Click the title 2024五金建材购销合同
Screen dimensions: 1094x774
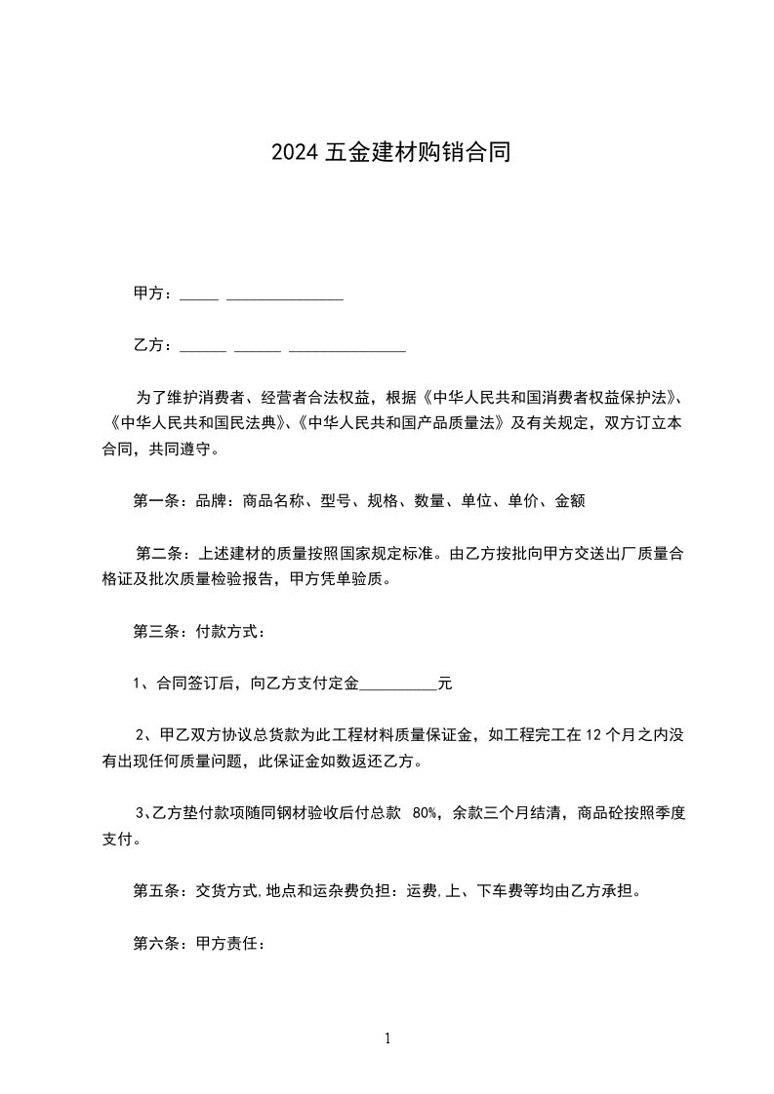390,153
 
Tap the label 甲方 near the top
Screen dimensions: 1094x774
149,293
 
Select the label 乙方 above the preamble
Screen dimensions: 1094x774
149,345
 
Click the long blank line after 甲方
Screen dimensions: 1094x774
284,298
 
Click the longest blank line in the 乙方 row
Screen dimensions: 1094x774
347,350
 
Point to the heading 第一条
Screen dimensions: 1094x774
156,502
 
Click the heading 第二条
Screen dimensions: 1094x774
156,555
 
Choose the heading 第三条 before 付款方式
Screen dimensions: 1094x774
156,632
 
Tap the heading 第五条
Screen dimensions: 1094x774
156,890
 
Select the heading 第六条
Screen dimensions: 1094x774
156,943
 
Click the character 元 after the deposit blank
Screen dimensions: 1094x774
445,684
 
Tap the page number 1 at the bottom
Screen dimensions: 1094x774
387,1038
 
